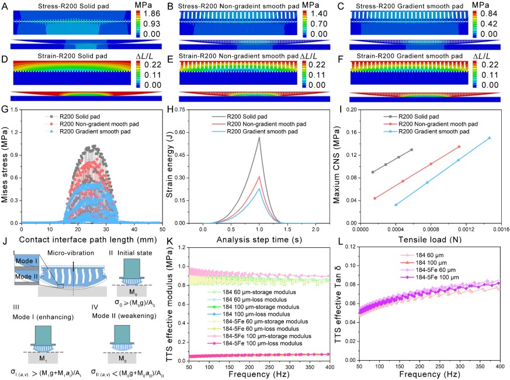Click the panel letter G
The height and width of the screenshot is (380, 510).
[5, 110]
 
